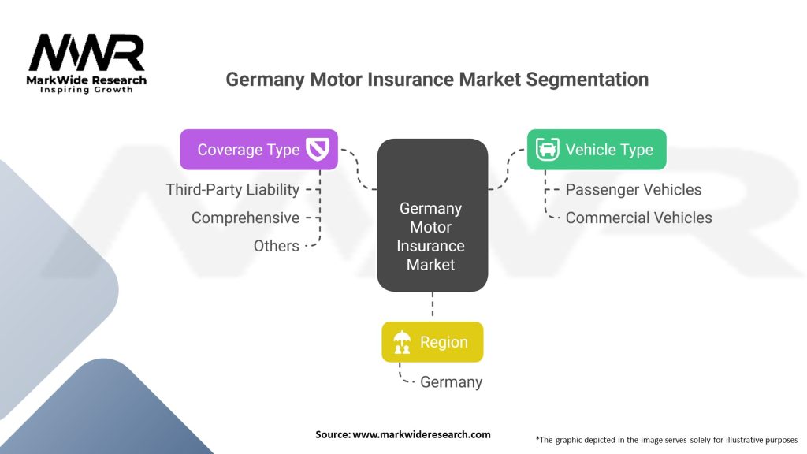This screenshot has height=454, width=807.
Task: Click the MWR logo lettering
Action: pyautogui.click(x=87, y=53)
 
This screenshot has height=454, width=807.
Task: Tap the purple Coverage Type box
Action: pyautogui.click(x=258, y=149)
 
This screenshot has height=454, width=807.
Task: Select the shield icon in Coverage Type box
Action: pyautogui.click(x=318, y=149)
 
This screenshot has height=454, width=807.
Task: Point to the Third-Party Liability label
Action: pyautogui.click(x=232, y=189)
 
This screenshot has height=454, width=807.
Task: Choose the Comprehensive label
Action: pyautogui.click(x=246, y=218)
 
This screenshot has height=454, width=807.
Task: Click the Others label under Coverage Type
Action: pyautogui.click(x=277, y=246)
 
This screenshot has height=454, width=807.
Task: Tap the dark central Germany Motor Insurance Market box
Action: pyautogui.click(x=433, y=215)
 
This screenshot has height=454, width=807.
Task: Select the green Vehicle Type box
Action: pyautogui.click(x=597, y=149)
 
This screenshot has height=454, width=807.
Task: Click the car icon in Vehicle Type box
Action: pyautogui.click(x=547, y=149)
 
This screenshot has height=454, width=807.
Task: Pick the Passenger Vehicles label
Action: pyautogui.click(x=634, y=189)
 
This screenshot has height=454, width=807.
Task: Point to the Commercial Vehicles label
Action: pyautogui.click(x=638, y=218)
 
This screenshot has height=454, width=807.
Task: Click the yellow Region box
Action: pyautogui.click(x=433, y=342)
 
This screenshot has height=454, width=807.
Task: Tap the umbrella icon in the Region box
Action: pyautogui.click(x=402, y=342)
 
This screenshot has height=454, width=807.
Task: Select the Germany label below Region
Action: pyautogui.click(x=452, y=382)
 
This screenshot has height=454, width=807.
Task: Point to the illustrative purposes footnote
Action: pyautogui.click(x=667, y=440)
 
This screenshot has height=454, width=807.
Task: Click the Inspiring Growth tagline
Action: pyautogui.click(x=87, y=90)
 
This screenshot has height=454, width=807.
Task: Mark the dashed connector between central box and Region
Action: pyautogui.click(x=433, y=307)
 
